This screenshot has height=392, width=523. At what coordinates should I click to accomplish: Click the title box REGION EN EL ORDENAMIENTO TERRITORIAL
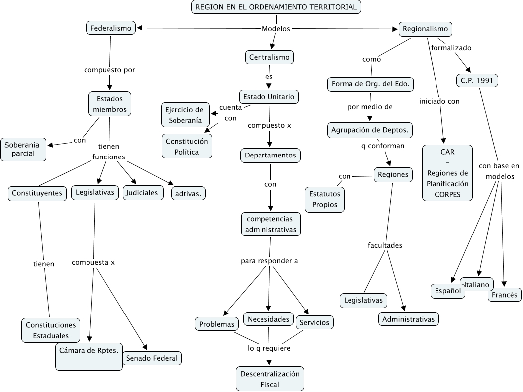coord(276,7)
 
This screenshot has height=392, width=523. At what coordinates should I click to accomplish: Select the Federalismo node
coord(111,28)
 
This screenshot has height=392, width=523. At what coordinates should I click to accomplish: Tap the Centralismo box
coord(269,57)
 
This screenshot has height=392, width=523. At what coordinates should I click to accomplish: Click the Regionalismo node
coord(425,29)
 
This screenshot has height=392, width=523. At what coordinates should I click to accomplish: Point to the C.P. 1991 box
coord(477,80)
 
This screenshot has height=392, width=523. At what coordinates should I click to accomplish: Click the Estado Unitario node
coord(268,96)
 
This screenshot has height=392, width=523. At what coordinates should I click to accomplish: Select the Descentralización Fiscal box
coord(270,379)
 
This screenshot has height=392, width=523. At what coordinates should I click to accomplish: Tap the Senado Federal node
coord(152,358)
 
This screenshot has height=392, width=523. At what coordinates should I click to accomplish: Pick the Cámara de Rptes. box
coord(89,356)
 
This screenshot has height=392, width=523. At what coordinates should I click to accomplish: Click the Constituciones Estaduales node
coord(51,330)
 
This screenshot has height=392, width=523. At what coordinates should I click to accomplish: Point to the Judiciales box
coord(143,193)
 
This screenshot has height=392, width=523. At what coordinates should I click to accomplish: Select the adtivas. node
coord(188,193)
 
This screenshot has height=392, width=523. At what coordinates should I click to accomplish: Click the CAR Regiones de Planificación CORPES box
coord(447,173)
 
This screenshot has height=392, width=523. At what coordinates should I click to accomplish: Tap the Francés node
coord(505,295)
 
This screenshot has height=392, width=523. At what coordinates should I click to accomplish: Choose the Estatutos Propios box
coord(325,199)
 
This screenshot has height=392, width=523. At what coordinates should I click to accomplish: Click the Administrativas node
coord(409,319)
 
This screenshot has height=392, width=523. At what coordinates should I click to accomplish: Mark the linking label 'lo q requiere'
coord(269,348)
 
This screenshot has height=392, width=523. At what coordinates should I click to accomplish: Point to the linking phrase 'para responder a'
coord(269,261)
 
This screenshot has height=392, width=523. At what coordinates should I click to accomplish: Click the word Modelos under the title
coord(276,29)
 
